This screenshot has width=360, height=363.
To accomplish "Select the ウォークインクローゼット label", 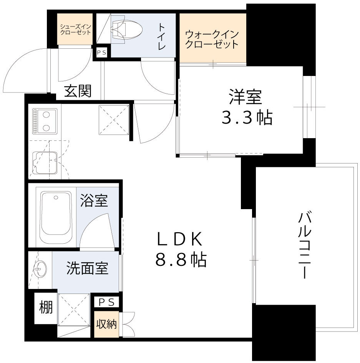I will pos(212,39).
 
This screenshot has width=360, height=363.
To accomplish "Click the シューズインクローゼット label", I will pos(75,30).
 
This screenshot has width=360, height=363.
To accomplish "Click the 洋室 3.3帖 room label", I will pos(246,107).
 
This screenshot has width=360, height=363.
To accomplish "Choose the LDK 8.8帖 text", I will pos(181,249).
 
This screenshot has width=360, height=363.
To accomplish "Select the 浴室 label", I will pos(94,200).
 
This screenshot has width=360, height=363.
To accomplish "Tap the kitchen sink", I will pos(45,163).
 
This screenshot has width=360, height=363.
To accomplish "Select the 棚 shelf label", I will pos(46,307).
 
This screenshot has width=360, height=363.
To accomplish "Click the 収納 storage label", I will pos(106,324).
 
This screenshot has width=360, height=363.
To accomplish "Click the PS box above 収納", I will pos(106,302).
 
